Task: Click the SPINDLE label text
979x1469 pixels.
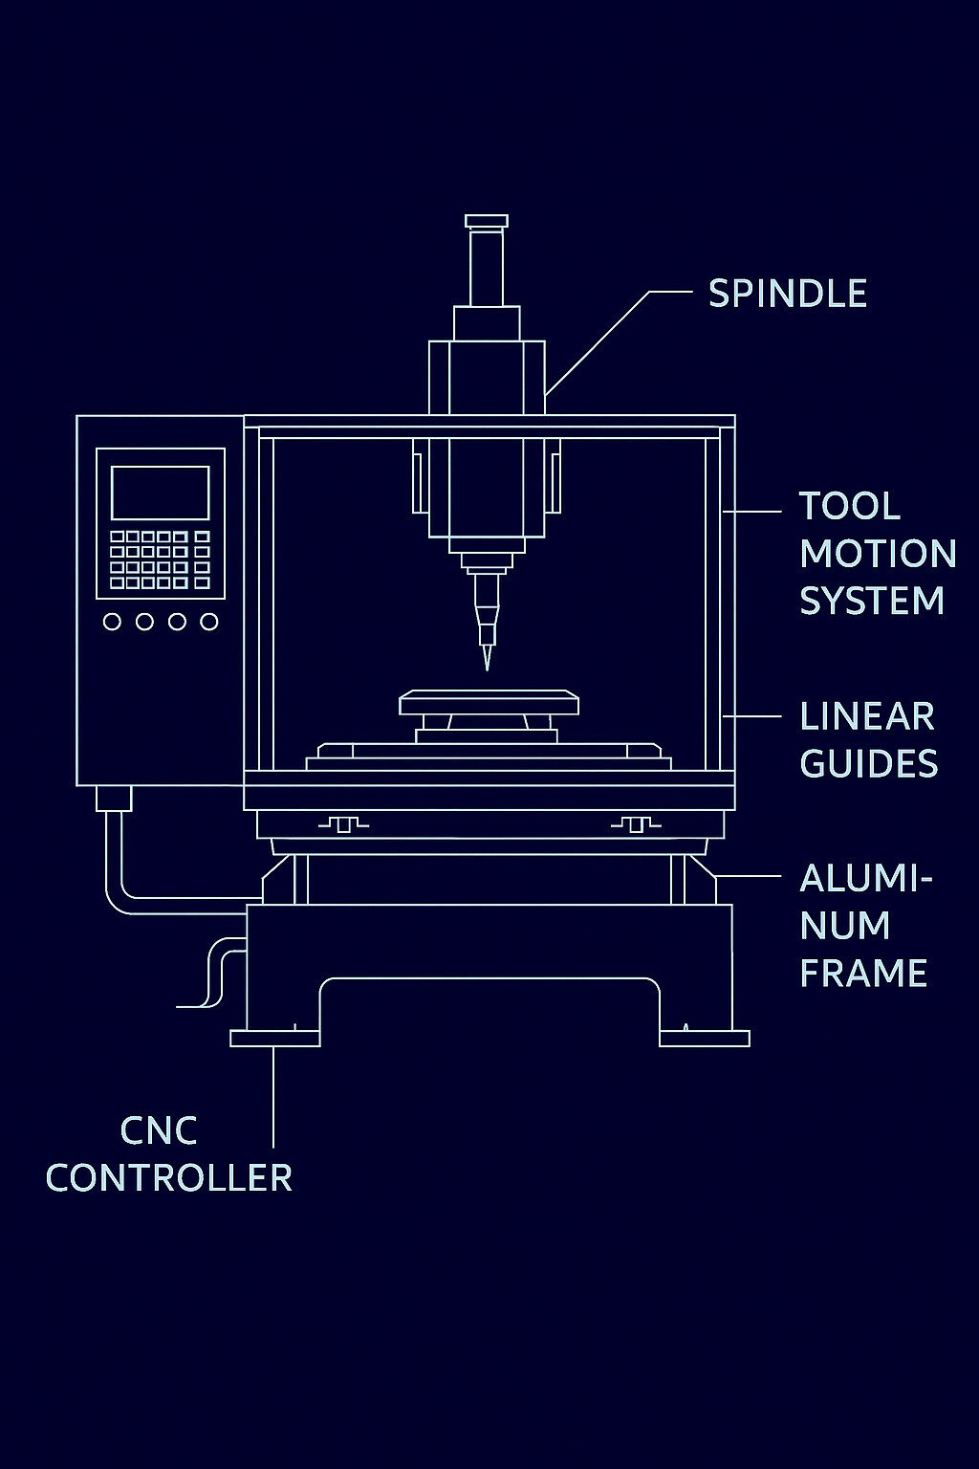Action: tap(787, 294)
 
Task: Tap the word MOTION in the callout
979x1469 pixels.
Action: tap(877, 554)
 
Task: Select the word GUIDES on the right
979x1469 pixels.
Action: tap(868, 763)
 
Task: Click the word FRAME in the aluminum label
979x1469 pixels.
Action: tap(862, 973)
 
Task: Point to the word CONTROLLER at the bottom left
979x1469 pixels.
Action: tap(169, 1177)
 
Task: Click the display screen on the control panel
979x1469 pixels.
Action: tap(160, 493)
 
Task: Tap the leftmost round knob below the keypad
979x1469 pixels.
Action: tap(112, 622)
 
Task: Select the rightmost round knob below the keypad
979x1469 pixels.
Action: tap(208, 622)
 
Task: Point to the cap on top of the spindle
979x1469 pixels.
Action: tap(486, 221)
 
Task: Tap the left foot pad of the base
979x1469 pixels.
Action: tap(274, 1039)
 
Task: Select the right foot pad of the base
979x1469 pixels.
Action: tap(705, 1039)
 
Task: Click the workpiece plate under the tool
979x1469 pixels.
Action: tap(489, 704)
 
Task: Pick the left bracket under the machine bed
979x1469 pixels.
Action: tap(342, 823)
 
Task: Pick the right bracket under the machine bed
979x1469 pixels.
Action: tap(635, 823)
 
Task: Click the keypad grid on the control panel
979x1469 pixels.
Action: tap(160, 559)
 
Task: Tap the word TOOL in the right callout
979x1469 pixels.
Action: tap(849, 507)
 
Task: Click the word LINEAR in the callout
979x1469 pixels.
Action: tap(866, 716)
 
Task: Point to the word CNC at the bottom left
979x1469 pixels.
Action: tap(158, 1130)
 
